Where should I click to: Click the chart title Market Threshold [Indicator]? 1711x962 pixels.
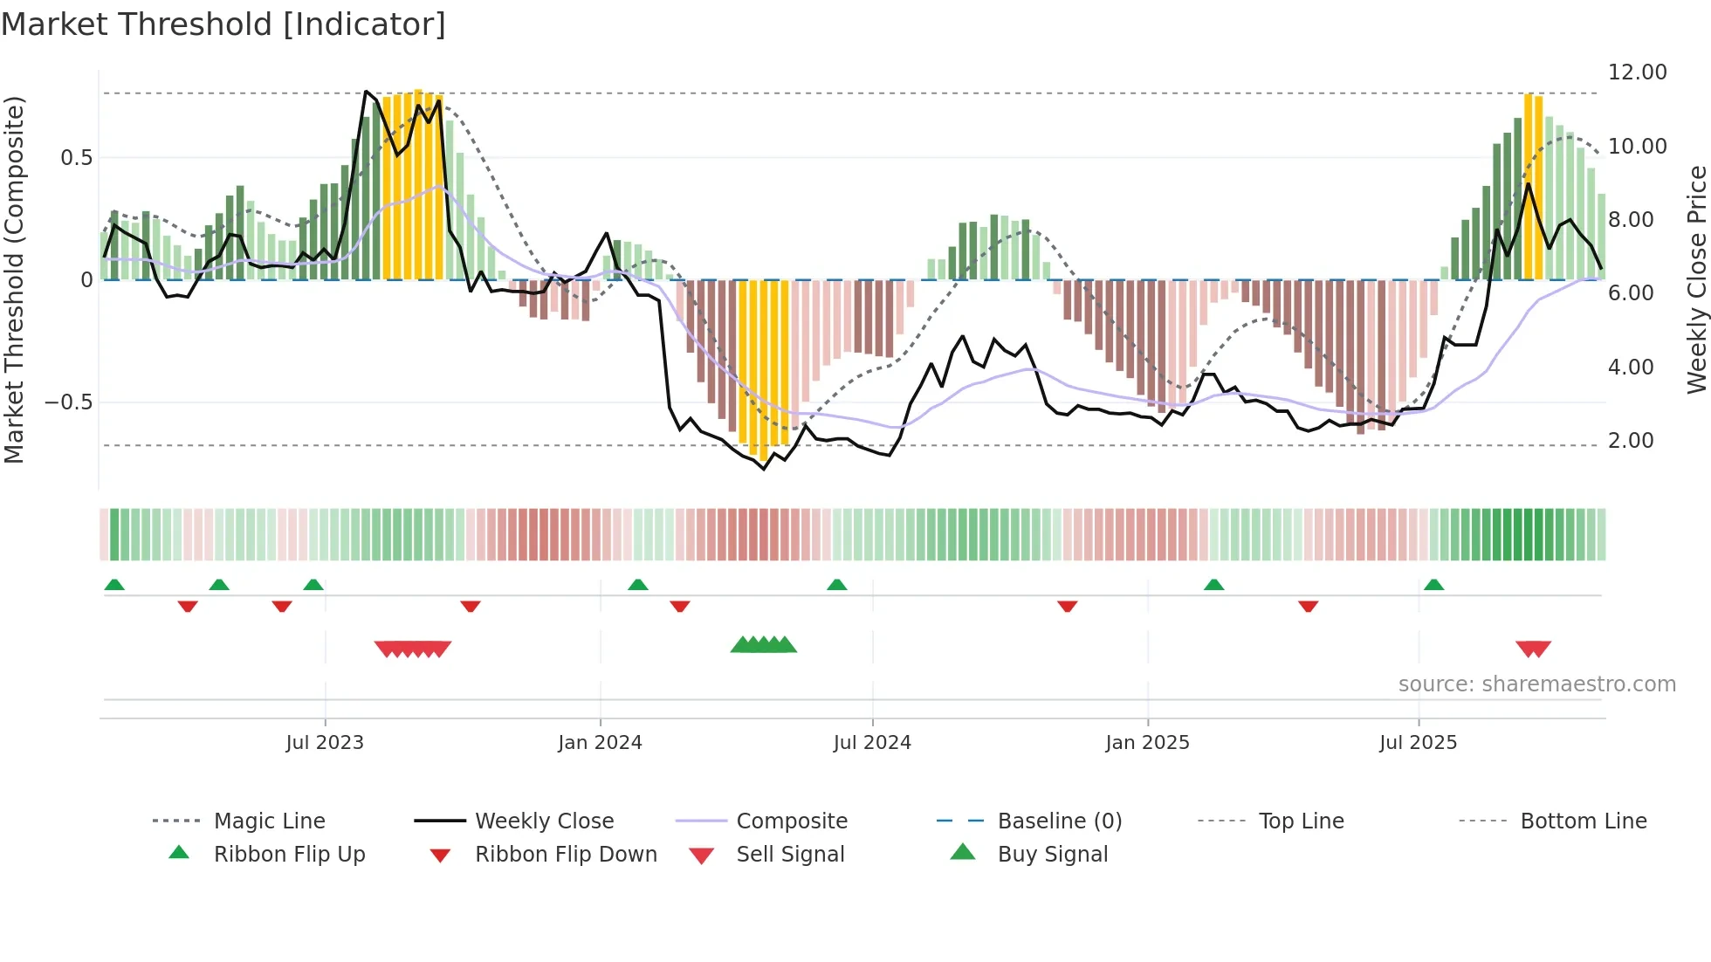coord(223,24)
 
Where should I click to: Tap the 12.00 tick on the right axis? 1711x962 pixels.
coord(1637,72)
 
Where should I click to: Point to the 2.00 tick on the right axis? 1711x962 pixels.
coord(1631,441)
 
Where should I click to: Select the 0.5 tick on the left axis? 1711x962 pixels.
coord(76,158)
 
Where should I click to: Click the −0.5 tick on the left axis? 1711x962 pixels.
coord(69,402)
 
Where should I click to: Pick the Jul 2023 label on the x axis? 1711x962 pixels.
coord(325,743)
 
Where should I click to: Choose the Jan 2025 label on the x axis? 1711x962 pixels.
coord(1147,743)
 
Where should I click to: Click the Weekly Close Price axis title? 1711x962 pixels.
coord(1696,279)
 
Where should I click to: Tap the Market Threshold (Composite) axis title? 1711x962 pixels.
coord(14,279)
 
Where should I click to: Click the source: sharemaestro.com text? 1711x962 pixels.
coord(1536,684)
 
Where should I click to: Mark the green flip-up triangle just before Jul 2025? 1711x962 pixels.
coord(1433,585)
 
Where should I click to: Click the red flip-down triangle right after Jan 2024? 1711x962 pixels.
coord(680,606)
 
